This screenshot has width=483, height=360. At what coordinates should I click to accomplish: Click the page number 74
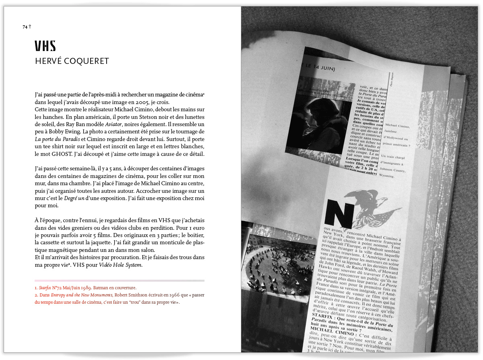pos(25,27)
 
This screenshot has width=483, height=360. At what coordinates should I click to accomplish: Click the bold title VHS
pos(45,46)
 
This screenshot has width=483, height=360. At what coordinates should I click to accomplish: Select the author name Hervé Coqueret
pos(72,61)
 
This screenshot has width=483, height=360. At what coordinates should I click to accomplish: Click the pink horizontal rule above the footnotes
pos(119,280)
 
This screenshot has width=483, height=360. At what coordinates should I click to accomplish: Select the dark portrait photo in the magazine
pos(327,120)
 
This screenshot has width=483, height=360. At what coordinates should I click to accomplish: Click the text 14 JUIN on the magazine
pos(325,69)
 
